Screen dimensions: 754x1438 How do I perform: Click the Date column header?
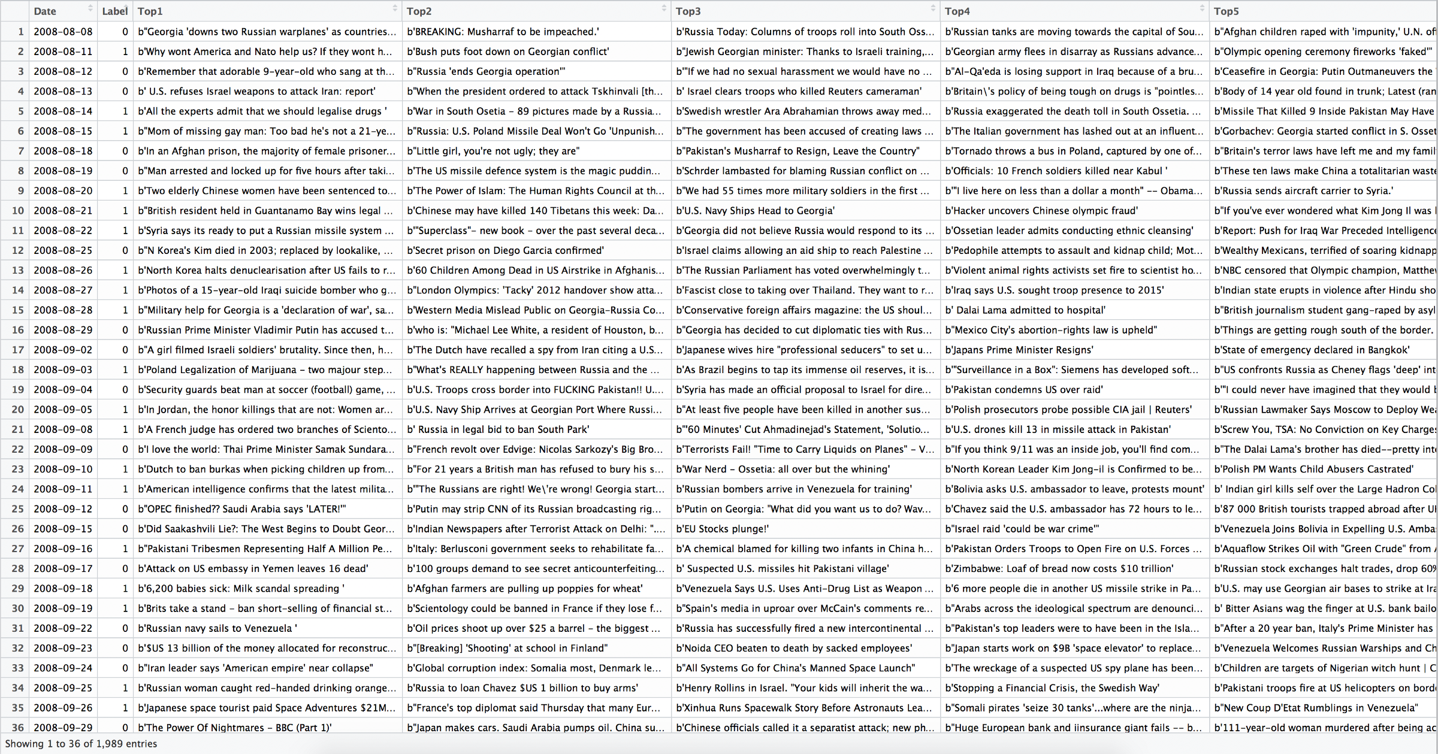coord(45,11)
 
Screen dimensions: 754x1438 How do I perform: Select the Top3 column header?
coord(688,11)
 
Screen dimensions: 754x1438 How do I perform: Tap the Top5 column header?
coord(1226,11)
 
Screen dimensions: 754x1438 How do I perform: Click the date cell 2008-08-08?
coord(63,32)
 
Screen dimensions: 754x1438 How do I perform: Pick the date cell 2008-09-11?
coord(63,489)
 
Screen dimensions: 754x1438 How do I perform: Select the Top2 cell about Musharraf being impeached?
coord(503,32)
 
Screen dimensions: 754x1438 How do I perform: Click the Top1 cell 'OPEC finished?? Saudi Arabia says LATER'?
coord(242,509)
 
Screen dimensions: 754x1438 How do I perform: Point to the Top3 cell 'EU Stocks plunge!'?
coord(723,529)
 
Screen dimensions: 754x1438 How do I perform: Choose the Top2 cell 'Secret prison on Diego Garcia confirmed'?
coord(505,250)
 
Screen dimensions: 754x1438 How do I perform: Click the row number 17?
coord(18,350)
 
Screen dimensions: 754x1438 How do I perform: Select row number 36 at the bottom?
coord(18,728)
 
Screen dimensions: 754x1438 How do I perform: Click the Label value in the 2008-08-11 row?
coord(125,52)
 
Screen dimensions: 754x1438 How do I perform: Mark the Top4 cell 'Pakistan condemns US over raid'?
coord(1023,390)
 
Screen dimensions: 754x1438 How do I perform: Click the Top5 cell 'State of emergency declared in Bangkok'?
coord(1312,350)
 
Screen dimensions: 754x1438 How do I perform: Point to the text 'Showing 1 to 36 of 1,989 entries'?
coord(81,744)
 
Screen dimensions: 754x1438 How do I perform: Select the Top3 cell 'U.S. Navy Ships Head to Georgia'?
coord(756,211)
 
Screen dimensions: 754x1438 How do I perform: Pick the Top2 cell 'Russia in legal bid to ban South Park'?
coord(498,429)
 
